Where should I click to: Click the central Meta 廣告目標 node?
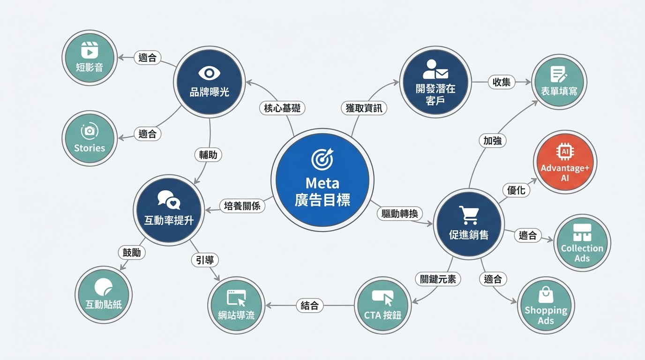[322, 180]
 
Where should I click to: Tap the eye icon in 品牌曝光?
[209, 73]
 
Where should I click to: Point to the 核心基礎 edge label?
[282, 108]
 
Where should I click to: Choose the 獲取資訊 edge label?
[364, 108]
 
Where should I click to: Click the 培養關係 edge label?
[242, 206]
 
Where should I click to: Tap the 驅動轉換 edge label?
[399, 213]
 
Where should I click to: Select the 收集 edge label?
[501, 82]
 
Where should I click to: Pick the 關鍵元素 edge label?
[438, 279]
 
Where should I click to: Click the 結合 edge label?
[310, 306]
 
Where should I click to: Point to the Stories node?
[89, 138]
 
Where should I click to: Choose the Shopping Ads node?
[546, 305]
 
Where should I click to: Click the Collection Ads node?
[582, 242]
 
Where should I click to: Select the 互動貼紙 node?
[103, 294]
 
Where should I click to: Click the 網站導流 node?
[236, 305]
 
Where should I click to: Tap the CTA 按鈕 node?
[382, 305]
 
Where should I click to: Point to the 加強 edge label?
[492, 140]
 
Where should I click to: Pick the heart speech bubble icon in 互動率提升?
[169, 200]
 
